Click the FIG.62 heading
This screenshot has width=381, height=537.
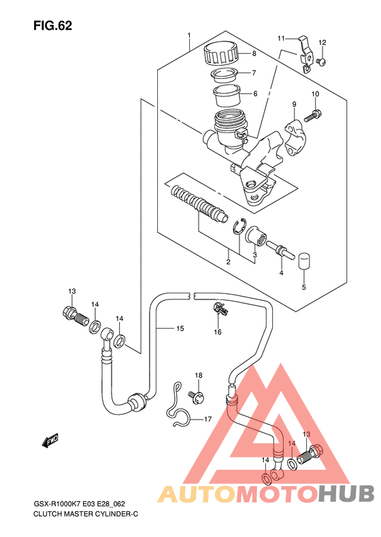tap(52, 26)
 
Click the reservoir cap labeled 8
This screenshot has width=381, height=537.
tap(220, 54)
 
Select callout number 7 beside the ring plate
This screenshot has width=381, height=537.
tap(254, 73)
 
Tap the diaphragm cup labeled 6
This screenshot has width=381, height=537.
tap(226, 95)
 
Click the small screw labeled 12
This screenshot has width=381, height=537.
tap(321, 62)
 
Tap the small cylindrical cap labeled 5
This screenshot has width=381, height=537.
tap(303, 261)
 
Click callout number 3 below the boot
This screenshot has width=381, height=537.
tap(254, 255)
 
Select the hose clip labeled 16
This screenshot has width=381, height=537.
tap(220, 309)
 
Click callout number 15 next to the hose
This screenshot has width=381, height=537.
tap(180, 329)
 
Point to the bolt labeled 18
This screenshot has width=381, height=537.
tap(197, 397)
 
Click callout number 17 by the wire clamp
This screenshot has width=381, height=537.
tap(208, 419)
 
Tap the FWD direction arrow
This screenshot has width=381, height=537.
tap(50, 440)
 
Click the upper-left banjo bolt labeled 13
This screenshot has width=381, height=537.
tap(76, 317)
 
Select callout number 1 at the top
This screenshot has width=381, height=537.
tap(188, 35)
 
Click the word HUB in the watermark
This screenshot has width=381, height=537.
tap(346, 494)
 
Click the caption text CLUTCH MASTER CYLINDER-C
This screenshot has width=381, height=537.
tap(86, 514)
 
